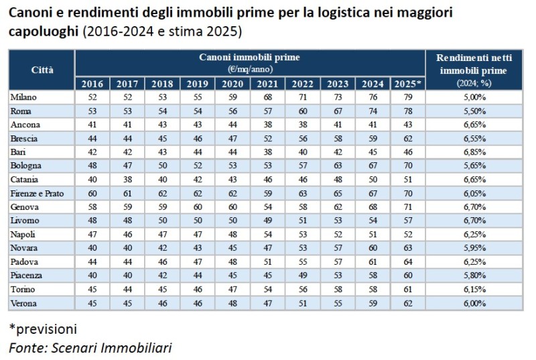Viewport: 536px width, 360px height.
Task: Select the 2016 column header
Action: coord(92,84)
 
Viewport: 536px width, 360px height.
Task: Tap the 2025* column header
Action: coord(408,84)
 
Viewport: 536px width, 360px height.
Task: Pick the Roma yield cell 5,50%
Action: coord(473,111)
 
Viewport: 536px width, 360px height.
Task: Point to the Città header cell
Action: coord(42,70)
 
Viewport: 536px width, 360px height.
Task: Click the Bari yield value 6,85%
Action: coord(473,152)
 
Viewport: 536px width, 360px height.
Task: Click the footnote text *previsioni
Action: coord(43,329)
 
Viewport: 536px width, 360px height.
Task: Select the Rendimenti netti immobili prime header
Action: coord(473,70)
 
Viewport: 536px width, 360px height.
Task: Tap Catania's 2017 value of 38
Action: coord(127,180)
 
